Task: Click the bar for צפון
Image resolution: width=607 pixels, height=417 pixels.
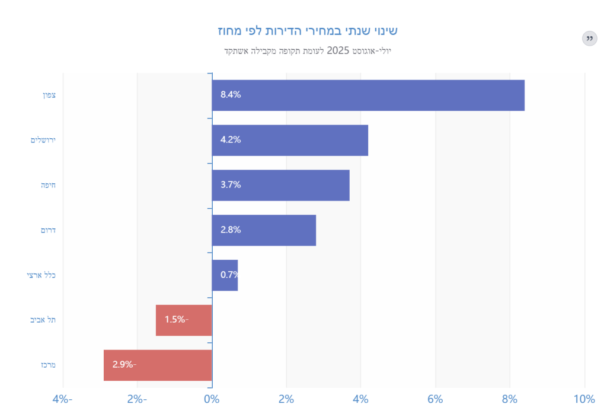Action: pyautogui.click(x=368, y=95)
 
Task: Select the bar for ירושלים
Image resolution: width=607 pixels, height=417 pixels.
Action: pyautogui.click(x=290, y=140)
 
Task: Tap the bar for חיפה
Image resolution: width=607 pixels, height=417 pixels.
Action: pyautogui.click(x=280, y=185)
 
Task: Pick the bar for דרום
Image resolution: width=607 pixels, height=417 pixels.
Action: pyautogui.click(x=264, y=230)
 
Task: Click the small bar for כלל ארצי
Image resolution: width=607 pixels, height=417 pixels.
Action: pyautogui.click(x=225, y=275)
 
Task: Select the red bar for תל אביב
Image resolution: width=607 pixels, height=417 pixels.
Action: pyautogui.click(x=184, y=320)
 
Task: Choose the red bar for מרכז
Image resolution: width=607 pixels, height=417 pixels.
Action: pyautogui.click(x=158, y=365)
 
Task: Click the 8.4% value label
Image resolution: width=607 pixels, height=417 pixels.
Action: pyautogui.click(x=231, y=95)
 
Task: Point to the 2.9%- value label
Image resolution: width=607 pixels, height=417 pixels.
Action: pyautogui.click(x=124, y=365)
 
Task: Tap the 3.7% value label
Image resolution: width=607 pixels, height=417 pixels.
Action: pyautogui.click(x=231, y=185)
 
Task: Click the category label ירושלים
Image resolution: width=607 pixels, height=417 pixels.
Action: pyautogui.click(x=43, y=140)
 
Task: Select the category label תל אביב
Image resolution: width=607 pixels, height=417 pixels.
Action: pyautogui.click(x=43, y=320)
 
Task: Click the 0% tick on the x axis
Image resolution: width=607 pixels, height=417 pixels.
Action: pyautogui.click(x=212, y=399)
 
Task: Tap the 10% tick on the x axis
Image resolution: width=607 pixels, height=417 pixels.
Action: pyautogui.click(x=584, y=399)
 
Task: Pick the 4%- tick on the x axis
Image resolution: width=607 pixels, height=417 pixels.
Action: pyautogui.click(x=62, y=399)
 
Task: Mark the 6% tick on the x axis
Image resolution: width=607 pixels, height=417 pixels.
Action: pyautogui.click(x=435, y=399)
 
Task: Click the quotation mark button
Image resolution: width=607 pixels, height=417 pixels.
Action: pyautogui.click(x=589, y=39)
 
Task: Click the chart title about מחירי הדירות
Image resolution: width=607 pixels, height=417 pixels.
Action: pyautogui.click(x=303, y=30)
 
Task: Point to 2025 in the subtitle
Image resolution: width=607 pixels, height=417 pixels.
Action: pyautogui.click(x=338, y=50)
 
